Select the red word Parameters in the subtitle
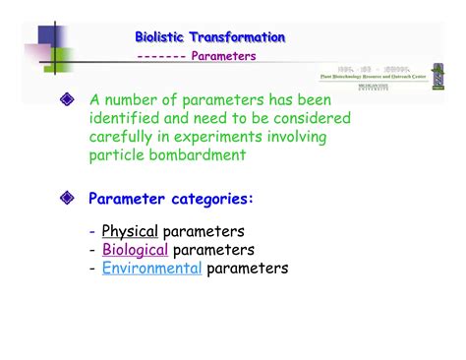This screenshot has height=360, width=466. (x=223, y=56)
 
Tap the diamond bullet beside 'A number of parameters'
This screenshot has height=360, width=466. (x=67, y=100)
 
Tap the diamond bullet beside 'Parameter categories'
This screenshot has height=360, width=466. (x=67, y=199)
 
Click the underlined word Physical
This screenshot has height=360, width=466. (x=130, y=232)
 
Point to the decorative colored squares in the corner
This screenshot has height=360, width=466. (x=48, y=43)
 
